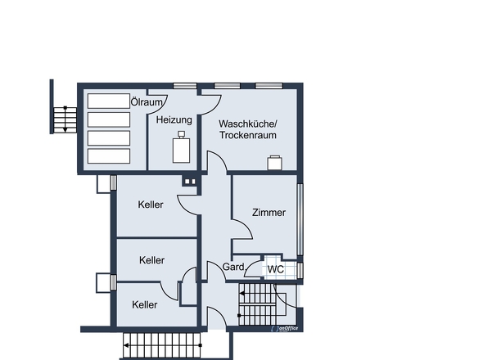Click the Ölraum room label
147,102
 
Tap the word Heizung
174,119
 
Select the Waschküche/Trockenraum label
248,129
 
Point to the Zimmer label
269,213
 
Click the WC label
276,269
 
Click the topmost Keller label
151,205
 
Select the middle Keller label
151,260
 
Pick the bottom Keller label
144,305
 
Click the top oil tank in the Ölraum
109,101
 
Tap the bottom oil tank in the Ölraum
109,156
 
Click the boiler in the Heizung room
181,147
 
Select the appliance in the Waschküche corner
274,163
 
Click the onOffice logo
284,329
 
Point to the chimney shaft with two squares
190,182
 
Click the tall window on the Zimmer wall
300,219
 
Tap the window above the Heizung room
185,86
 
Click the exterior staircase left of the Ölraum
65,119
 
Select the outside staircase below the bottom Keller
162,345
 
